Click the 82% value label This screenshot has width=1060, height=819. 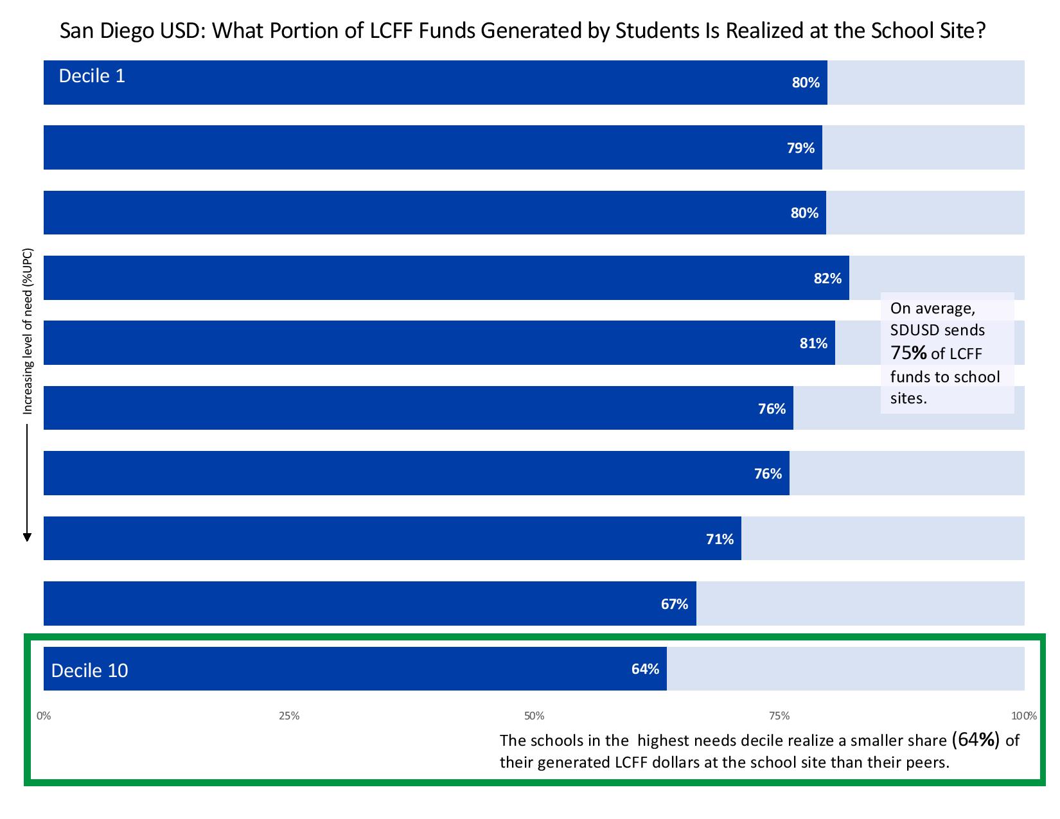click(827, 278)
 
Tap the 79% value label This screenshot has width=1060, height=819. click(800, 148)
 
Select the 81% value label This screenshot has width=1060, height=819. click(813, 343)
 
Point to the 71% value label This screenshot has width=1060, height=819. click(720, 539)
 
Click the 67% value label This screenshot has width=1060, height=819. click(675, 604)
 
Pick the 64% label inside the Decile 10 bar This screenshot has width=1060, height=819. click(645, 669)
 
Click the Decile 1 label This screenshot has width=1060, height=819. click(92, 76)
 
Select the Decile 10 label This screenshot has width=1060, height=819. click(89, 671)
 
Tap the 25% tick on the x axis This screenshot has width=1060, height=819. click(289, 716)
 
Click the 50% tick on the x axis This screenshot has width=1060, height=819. click(534, 716)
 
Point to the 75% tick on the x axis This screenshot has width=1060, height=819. click(779, 716)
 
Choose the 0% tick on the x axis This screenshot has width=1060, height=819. click(44, 716)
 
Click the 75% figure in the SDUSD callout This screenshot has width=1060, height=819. click(908, 353)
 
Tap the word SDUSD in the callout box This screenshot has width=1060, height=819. click(915, 331)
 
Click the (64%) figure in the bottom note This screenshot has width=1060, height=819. click(976, 740)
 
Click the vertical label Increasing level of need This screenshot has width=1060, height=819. click(28, 331)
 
